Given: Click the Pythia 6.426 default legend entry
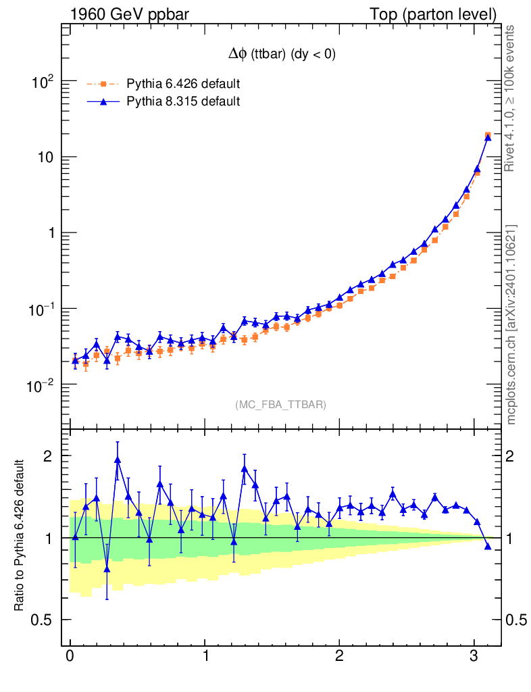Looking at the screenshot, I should pos(183,84).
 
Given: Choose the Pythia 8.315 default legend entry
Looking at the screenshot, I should pos(183,101).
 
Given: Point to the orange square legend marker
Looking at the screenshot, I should pos(103,84).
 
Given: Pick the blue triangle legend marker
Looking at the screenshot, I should pos(103,101).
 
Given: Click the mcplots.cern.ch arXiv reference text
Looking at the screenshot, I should pos(511,324).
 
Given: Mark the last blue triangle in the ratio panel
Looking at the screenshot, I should pos(488,545).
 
